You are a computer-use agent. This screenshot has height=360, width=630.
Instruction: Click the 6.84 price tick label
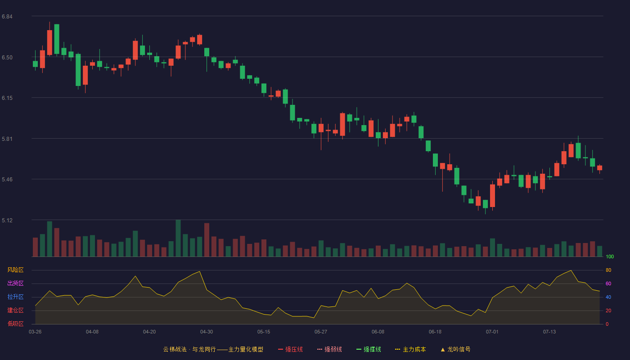[x=7, y=17]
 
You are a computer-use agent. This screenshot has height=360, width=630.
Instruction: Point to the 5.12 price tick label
[x=7, y=220]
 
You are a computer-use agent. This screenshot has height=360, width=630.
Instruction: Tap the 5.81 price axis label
[x=7, y=139]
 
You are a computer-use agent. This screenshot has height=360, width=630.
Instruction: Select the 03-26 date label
[x=35, y=332]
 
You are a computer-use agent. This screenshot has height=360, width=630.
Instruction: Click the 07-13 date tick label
[x=549, y=332]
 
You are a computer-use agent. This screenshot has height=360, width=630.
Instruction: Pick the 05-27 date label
[x=320, y=332]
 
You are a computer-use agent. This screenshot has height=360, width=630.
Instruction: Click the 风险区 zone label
[x=15, y=270]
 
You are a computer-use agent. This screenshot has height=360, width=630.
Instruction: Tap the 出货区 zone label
[x=15, y=283]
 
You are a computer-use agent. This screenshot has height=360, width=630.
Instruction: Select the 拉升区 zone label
[x=15, y=297]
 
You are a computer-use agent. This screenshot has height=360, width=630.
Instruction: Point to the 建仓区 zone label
[x=15, y=310]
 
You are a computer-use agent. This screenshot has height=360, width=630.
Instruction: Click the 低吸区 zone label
[x=15, y=324]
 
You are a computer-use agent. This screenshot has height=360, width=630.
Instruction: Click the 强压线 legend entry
[x=290, y=349]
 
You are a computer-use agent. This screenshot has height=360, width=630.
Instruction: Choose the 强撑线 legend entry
[x=369, y=349]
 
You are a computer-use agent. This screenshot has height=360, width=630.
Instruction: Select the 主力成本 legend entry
[x=410, y=349]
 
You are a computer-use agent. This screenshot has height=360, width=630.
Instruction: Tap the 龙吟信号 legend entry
[x=455, y=349]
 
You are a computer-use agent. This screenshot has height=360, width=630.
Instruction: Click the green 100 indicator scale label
[x=610, y=256]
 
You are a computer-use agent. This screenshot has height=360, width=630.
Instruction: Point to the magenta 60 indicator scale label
[x=608, y=283]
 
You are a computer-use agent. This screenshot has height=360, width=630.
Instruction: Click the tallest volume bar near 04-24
[x=178, y=238]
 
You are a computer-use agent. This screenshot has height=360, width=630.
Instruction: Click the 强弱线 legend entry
[x=329, y=349]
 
